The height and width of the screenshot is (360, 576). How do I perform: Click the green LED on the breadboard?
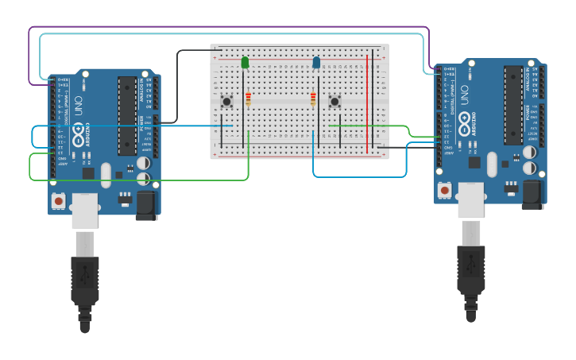(245, 62)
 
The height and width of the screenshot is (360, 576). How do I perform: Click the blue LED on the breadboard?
(316, 62)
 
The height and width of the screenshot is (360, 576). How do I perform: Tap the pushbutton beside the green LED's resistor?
(226, 101)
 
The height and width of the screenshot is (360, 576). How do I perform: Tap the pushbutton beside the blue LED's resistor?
(334, 101)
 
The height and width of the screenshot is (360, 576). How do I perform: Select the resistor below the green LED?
(248, 99)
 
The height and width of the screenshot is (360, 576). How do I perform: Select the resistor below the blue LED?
(313, 99)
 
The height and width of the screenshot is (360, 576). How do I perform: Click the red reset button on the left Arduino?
(58, 200)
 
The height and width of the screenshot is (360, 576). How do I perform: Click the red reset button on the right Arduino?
(444, 190)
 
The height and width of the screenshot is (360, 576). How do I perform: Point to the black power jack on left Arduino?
(145, 204)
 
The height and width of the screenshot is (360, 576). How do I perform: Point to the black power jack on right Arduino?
(532, 194)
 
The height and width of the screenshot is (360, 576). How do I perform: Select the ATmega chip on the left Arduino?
(127, 115)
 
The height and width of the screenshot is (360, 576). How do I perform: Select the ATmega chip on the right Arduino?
(513, 104)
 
